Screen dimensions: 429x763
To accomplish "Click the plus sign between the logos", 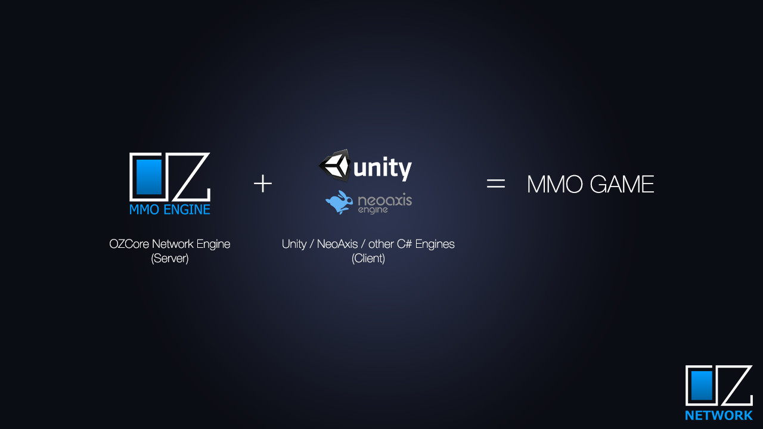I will [x=263, y=184].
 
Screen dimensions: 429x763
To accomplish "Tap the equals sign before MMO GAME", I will [x=496, y=184].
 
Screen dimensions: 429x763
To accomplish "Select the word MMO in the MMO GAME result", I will [x=554, y=184].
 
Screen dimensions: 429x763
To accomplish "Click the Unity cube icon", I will [x=335, y=165].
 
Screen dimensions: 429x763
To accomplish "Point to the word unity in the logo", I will [x=383, y=168].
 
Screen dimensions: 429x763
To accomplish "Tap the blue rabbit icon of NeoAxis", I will [x=339, y=202].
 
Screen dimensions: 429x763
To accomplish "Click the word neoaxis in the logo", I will [x=384, y=200].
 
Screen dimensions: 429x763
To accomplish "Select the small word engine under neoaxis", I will [x=373, y=210].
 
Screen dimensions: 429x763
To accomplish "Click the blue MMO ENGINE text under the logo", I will [x=170, y=210].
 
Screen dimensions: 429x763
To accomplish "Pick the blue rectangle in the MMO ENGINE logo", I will [x=149, y=176].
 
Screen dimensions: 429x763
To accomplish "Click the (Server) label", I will [x=170, y=259].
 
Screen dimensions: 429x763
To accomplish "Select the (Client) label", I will [x=368, y=259].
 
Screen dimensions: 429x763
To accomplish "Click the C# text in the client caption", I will [x=405, y=244].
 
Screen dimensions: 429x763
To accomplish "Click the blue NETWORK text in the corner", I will [x=719, y=415].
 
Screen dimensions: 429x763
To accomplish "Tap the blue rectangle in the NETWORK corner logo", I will [x=702, y=386].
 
